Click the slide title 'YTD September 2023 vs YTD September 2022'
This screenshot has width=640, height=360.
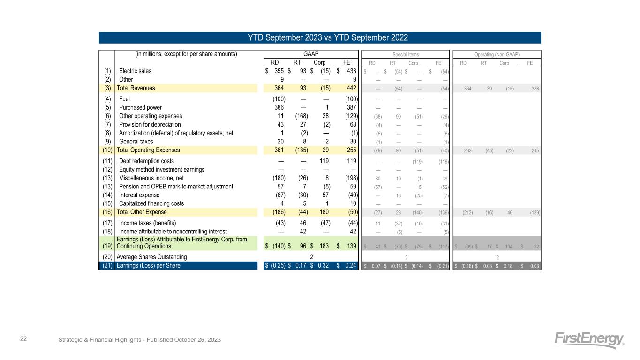click(x=320, y=37)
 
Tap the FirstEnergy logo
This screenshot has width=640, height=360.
click(x=589, y=340)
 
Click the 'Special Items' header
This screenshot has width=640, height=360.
click(x=406, y=54)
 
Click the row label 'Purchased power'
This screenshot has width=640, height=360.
click(x=141, y=107)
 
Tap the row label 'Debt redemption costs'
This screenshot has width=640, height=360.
click(x=147, y=161)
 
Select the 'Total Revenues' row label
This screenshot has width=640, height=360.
click(x=136, y=88)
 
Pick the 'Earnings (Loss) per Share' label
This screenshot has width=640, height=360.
click(x=148, y=266)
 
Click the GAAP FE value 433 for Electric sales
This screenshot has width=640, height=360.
click(x=350, y=71)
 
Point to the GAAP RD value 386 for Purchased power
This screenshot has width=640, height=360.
click(x=278, y=107)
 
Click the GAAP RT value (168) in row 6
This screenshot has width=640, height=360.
click(x=301, y=116)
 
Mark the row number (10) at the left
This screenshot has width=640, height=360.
click(x=107, y=150)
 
